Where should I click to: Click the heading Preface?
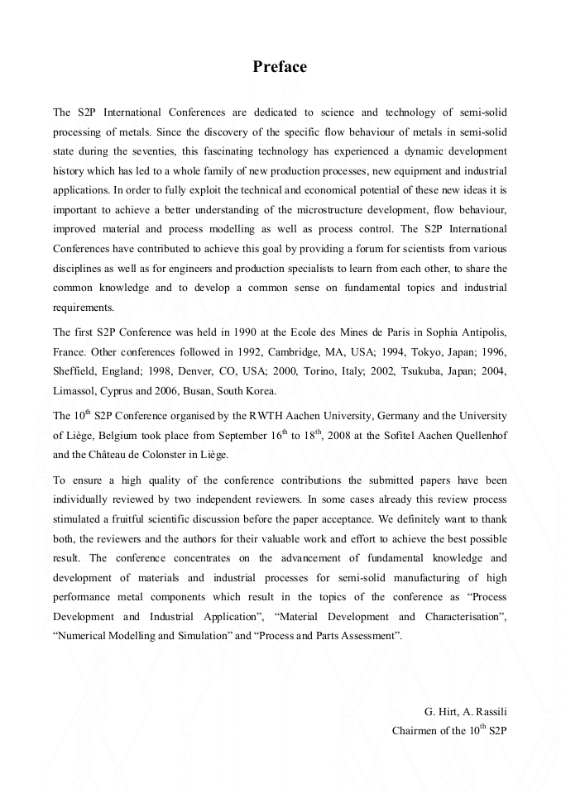[280, 67]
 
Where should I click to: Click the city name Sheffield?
[77, 371]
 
